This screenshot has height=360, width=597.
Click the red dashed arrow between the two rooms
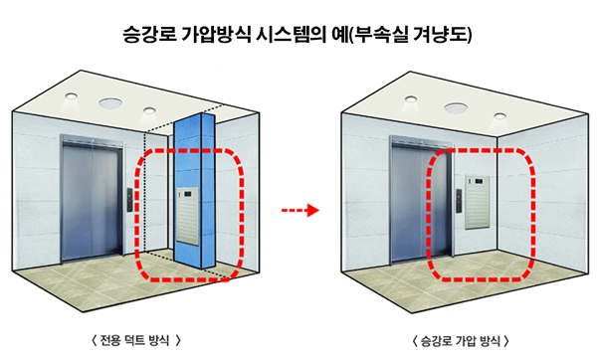[300, 210]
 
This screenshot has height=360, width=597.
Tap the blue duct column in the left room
[195, 191]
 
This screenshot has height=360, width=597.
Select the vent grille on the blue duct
[187, 216]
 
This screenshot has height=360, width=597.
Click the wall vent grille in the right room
[477, 202]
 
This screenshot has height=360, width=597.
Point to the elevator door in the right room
[421, 200]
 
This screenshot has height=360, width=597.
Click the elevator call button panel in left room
[129, 200]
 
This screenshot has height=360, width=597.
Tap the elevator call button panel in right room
[460, 201]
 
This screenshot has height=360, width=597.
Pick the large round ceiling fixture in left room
[110, 102]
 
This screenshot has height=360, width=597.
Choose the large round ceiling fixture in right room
[456, 107]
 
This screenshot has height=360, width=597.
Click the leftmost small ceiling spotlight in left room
[71, 95]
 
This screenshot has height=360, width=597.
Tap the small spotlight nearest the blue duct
[149, 110]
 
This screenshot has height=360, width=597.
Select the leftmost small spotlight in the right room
[410, 98]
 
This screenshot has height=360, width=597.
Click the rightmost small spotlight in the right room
[499, 115]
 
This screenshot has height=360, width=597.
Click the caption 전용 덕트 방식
[135, 340]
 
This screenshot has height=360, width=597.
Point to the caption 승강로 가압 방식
[461, 340]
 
